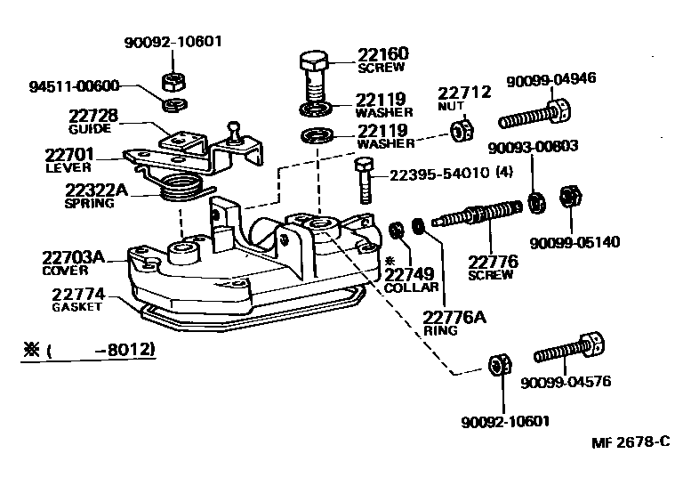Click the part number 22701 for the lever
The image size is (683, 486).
(68, 154)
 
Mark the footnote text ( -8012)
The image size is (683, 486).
(103, 350)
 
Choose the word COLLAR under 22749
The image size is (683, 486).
(412, 288)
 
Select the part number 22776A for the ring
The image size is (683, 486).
(454, 317)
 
